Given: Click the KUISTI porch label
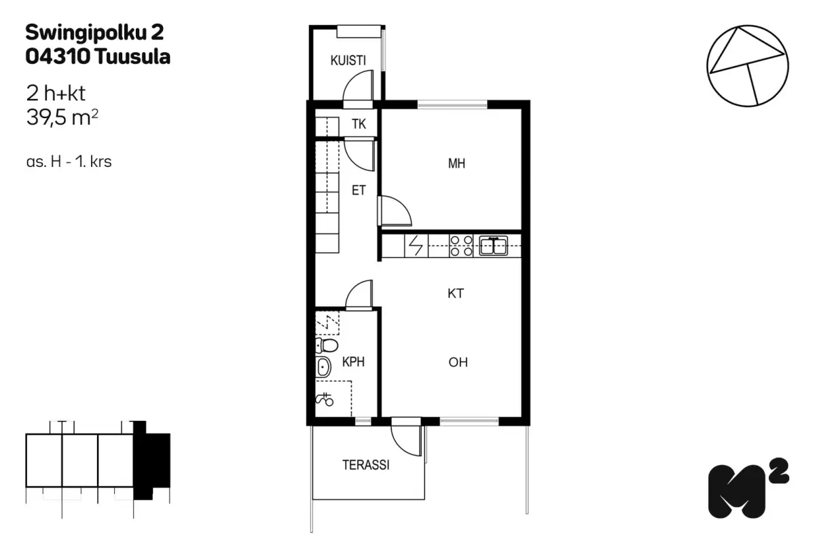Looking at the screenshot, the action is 348,60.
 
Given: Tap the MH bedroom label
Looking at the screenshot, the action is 456,164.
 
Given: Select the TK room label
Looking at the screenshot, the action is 359,124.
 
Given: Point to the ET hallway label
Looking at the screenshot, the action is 359,190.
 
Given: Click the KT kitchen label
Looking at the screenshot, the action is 456,293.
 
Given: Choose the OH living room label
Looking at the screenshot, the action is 458,362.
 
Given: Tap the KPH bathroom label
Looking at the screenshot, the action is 353,362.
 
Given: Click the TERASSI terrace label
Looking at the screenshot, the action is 365,465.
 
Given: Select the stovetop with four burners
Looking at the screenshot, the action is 461,246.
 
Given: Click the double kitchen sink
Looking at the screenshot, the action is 493,246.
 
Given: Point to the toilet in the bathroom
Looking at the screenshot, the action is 327,345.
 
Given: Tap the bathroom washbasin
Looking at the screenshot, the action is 323,367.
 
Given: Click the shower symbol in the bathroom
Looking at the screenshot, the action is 324,399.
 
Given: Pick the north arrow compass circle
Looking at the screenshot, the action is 747,26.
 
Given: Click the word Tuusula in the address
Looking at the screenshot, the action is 133,57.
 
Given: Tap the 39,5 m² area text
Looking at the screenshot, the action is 62,118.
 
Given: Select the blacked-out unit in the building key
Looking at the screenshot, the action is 151,460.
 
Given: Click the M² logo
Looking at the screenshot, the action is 748,488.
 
